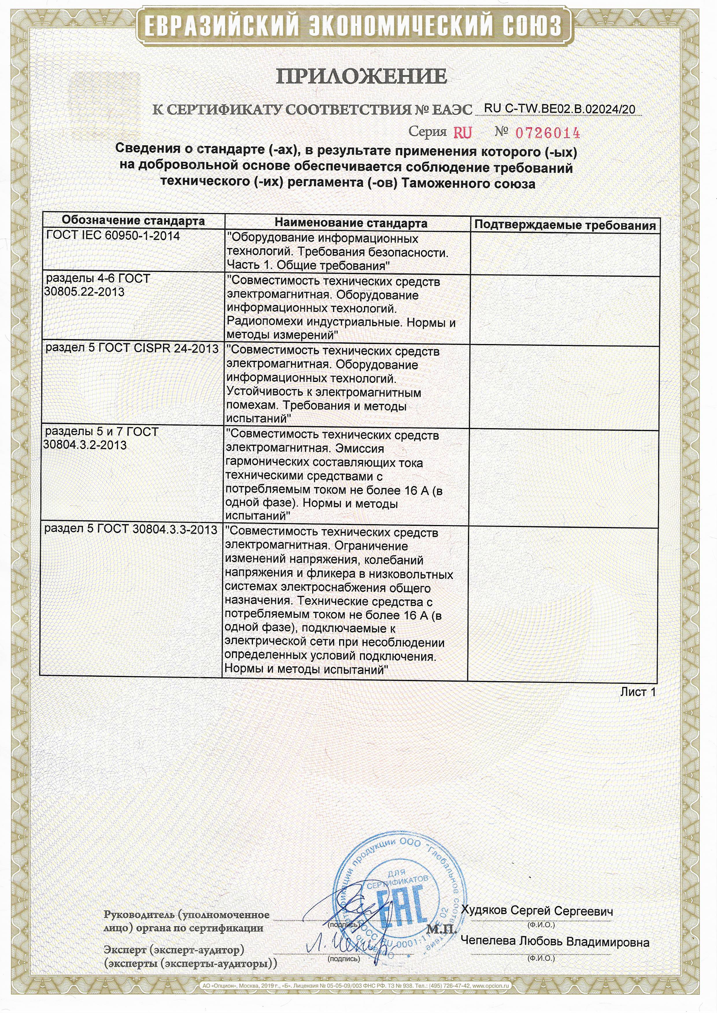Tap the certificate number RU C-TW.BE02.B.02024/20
(x=559, y=109)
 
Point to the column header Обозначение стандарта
(x=133, y=221)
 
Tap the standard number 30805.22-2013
(x=84, y=292)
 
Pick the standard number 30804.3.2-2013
(x=85, y=445)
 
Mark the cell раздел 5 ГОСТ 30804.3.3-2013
(x=131, y=529)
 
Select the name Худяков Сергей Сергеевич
(x=536, y=910)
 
